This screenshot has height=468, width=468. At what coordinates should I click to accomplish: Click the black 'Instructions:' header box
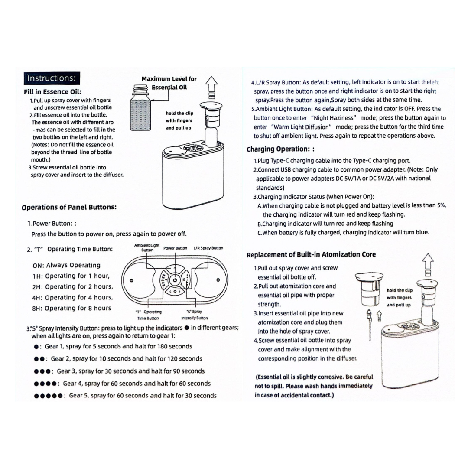pos(52,78)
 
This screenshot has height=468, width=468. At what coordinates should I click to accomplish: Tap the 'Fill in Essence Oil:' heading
pos(52,92)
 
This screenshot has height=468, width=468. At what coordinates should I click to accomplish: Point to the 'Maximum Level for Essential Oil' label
pos(169,83)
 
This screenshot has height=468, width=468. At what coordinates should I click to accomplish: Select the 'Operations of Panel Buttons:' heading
pos(69,207)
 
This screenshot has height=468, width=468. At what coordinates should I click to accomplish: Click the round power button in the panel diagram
pos(174,280)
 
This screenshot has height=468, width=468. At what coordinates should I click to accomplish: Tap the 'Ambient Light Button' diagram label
pos(147,248)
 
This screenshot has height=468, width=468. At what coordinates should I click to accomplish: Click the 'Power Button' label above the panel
pos(175,248)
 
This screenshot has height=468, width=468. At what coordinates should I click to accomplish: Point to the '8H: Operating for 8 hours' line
pos(71,308)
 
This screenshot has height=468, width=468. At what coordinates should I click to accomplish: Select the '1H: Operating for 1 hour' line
pos(71,276)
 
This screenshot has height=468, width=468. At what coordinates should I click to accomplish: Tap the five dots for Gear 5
pos(48,396)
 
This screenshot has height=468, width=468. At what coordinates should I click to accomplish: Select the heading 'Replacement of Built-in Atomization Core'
pos(311,254)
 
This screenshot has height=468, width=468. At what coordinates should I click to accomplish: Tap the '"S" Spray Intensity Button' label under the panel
pos(194,315)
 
